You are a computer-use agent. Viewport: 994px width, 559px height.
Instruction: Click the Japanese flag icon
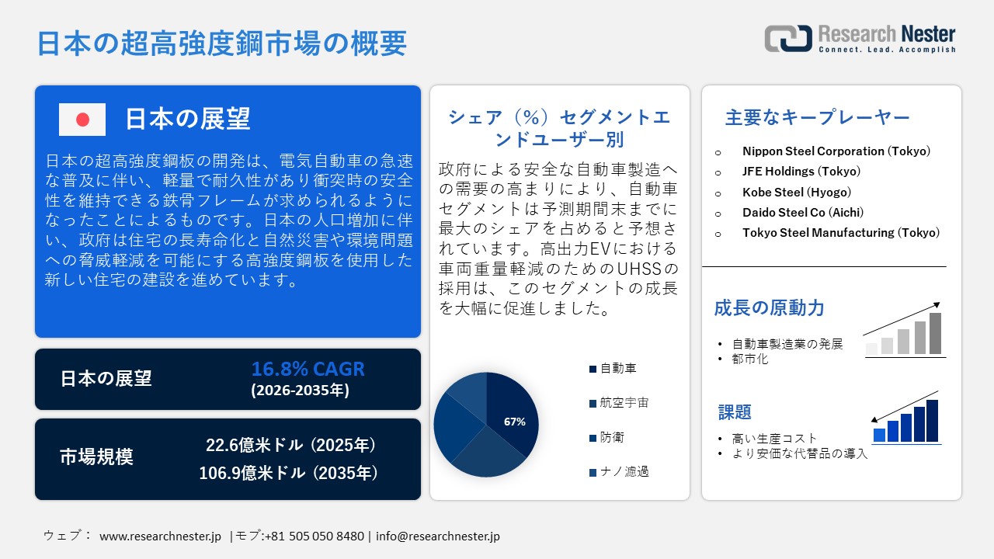tap(82, 120)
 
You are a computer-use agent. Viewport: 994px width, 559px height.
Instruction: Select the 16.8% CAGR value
tap(308, 370)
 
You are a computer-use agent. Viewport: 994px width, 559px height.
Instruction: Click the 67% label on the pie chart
tap(515, 422)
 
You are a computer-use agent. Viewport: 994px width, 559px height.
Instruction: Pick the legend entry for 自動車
tap(618, 369)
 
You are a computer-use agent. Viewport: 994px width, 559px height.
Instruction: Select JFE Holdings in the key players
tap(801, 172)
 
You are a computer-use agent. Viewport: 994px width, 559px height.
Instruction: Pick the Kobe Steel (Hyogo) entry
tap(796, 192)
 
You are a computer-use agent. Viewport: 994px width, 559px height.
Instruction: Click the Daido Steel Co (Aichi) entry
tap(802, 212)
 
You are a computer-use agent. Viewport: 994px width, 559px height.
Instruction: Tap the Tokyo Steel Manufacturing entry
tap(840, 232)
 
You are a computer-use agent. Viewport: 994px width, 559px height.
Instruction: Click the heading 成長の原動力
tap(769, 308)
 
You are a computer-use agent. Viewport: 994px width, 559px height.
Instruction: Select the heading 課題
tap(735, 412)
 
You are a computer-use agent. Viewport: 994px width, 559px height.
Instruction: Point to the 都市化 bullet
tap(749, 359)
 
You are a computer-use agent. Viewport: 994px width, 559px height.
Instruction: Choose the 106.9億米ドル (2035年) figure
tap(290, 472)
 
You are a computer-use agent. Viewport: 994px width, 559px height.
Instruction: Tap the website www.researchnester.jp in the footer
tap(161, 536)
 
